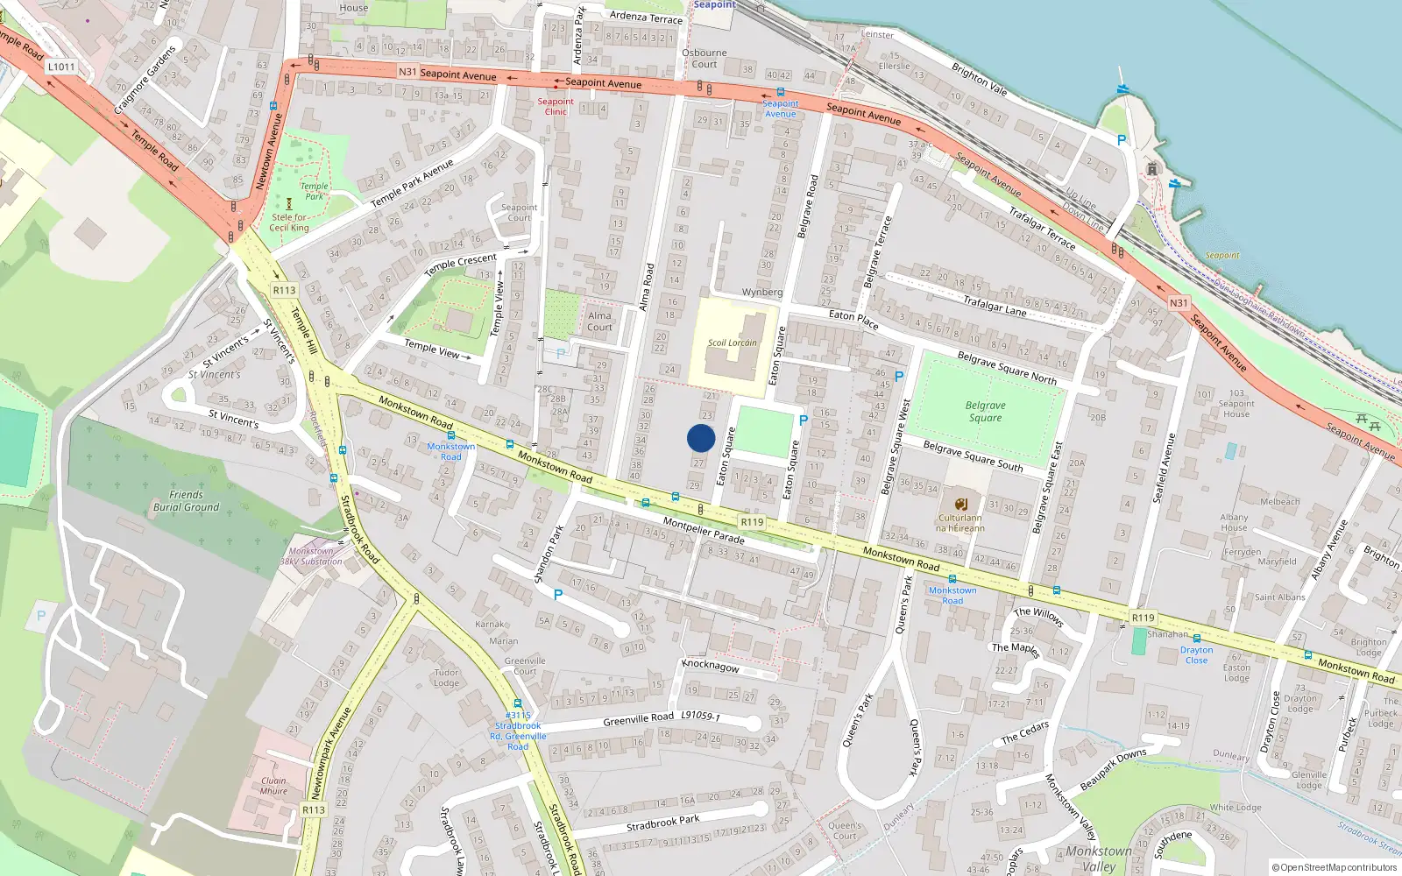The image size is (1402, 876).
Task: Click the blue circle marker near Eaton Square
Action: [701, 438]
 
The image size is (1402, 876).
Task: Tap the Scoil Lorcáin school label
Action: [732, 343]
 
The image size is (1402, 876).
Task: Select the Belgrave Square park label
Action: [985, 412]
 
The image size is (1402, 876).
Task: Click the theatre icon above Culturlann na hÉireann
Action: [960, 505]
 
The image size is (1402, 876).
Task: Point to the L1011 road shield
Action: [61, 67]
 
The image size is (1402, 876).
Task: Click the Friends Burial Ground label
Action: [186, 501]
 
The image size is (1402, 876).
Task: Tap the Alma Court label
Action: [599, 321]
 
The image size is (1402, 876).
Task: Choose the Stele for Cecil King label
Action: [289, 223]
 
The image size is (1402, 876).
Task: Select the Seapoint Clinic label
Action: [556, 106]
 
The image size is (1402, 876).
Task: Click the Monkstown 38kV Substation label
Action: [311, 556]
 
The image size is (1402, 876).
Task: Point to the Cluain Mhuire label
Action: [273, 786]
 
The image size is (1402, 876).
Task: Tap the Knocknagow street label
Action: [711, 666]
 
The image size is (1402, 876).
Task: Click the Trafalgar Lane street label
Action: [995, 305]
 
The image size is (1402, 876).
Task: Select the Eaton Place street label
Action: [853, 319]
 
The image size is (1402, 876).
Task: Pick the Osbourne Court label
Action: [705, 58]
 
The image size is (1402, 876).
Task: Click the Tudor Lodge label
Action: [446, 678]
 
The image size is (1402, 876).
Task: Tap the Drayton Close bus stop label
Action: [1196, 655]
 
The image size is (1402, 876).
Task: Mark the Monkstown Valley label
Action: [1099, 858]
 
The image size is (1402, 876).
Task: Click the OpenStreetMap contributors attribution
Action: [1335, 867]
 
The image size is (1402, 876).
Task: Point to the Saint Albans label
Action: [1279, 597]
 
